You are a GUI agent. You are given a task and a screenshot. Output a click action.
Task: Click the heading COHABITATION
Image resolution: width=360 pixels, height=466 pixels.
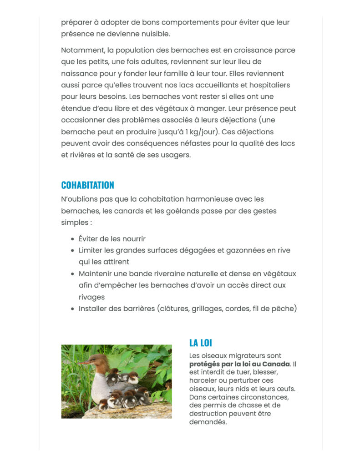(87, 185)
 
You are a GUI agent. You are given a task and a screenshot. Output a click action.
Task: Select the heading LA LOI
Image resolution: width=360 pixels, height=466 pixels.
(200, 343)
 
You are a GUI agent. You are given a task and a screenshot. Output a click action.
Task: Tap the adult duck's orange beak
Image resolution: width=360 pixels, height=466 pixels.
(84, 362)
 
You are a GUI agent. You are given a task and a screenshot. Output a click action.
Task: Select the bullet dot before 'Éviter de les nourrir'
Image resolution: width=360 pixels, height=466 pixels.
(73, 239)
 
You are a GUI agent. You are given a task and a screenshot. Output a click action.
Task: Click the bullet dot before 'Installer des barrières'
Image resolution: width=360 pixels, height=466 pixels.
(73, 309)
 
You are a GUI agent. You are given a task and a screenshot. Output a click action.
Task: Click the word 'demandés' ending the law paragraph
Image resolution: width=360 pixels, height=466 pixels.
(208, 422)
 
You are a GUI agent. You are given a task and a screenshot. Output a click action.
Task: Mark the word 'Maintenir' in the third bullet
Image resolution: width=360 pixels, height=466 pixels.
(96, 274)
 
